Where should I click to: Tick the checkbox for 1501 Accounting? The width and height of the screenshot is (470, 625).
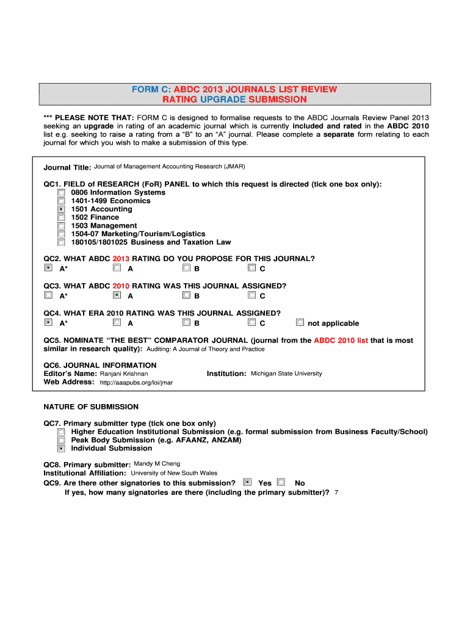pyautogui.click(x=61, y=209)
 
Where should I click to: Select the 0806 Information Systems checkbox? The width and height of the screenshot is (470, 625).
pyautogui.click(x=61, y=192)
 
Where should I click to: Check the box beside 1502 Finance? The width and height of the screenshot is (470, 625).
pyautogui.click(x=61, y=217)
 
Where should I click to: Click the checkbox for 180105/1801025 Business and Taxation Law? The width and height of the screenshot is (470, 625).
pyautogui.click(x=61, y=242)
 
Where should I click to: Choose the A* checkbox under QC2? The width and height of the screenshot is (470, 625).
pyautogui.click(x=48, y=267)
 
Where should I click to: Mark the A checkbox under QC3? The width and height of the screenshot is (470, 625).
pyautogui.click(x=117, y=295)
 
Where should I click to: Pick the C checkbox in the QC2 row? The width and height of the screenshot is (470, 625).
pyautogui.click(x=251, y=267)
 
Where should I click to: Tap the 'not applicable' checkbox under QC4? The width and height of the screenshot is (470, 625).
pyautogui.click(x=300, y=322)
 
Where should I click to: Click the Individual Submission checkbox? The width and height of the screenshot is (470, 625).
pyautogui.click(x=61, y=448)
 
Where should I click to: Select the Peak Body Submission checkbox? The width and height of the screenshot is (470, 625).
pyautogui.click(x=61, y=439)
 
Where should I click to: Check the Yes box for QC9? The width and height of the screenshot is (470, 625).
pyautogui.click(x=247, y=482)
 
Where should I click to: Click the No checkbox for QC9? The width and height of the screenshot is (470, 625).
pyautogui.click(x=281, y=482)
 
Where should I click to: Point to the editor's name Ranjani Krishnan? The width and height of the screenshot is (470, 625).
pyautogui.click(x=124, y=374)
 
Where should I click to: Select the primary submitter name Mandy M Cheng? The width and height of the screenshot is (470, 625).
pyautogui.click(x=157, y=464)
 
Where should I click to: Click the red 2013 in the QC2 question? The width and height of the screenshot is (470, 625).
pyautogui.click(x=121, y=259)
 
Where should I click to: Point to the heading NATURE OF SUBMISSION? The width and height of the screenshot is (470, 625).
pyautogui.click(x=91, y=406)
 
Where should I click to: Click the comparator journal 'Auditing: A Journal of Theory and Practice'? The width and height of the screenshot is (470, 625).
pyautogui.click(x=206, y=349)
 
